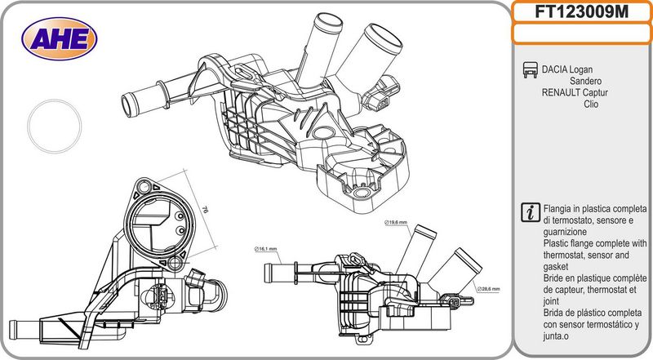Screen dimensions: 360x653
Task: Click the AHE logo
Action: tap(59, 37)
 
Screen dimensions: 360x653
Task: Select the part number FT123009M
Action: tap(581, 11)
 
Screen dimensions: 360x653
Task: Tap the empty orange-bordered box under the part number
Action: tap(581, 33)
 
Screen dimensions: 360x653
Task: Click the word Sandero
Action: tap(586, 82)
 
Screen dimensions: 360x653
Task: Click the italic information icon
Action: tap(529, 211)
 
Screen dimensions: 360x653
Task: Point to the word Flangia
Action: tap(560, 210)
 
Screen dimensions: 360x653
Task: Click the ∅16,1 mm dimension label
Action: tap(266, 248)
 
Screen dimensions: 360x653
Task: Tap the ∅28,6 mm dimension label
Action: tap(490, 289)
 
